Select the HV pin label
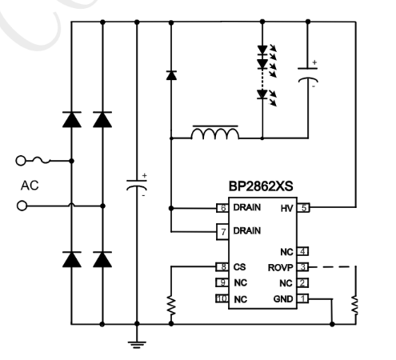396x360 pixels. click(286, 208)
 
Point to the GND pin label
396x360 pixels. click(283, 298)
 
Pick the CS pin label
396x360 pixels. click(238, 267)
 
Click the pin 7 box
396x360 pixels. click(223, 232)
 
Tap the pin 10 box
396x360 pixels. click(223, 298)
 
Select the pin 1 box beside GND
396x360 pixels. click(303, 298)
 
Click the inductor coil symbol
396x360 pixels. click(214, 134)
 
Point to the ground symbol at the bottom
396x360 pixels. click(137, 342)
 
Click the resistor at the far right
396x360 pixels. click(355, 304)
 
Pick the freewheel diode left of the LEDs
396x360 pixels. click(170, 75)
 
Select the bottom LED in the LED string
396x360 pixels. click(262, 94)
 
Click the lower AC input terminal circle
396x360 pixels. click(22, 206)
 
